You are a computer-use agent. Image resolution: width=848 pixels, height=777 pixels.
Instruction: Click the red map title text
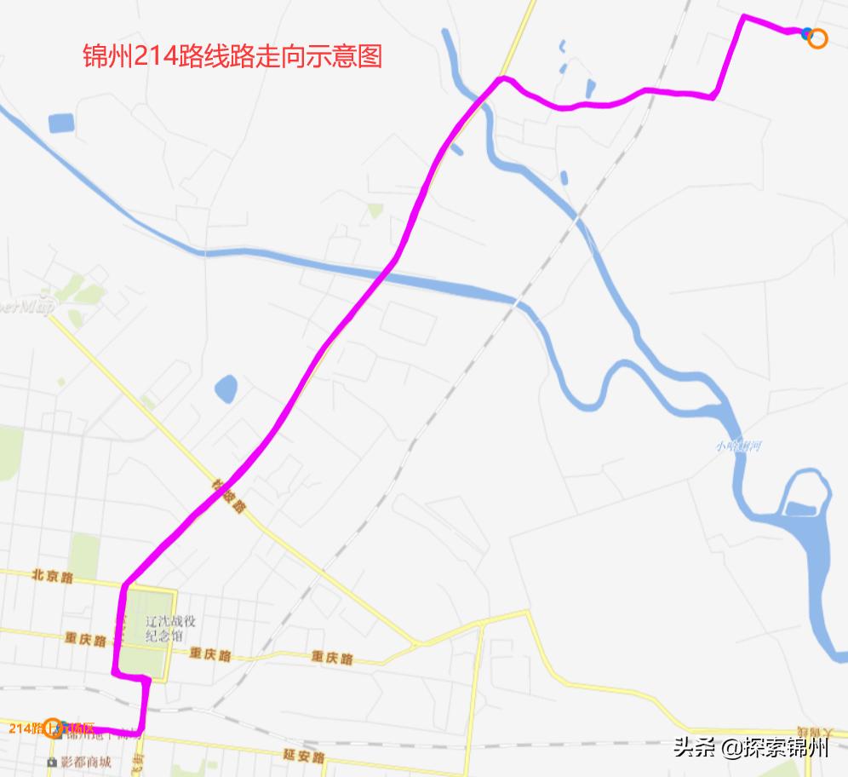pyautogui.click(x=232, y=57)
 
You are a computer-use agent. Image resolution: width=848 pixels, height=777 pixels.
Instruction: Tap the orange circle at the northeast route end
pyautogui.click(x=817, y=37)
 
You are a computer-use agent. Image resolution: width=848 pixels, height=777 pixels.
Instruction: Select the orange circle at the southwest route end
pyautogui.click(x=53, y=728)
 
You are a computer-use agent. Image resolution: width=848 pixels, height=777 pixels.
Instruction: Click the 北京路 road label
pyautogui.click(x=52, y=577)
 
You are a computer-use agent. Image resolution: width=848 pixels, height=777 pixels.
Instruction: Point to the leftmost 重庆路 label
pyautogui.click(x=84, y=638)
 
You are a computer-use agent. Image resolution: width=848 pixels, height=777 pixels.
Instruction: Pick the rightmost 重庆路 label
pyautogui.click(x=331, y=658)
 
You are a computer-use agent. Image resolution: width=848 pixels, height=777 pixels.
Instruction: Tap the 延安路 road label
pyautogui.click(x=304, y=756)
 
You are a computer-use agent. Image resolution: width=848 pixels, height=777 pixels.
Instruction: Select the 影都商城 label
pyautogui.click(x=85, y=762)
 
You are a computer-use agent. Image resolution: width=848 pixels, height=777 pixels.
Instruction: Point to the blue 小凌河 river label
pyautogui.click(x=737, y=446)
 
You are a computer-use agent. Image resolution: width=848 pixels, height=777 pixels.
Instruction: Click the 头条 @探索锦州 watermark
pyautogui.click(x=750, y=747)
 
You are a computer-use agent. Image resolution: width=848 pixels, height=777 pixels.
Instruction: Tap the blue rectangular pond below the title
pyautogui.click(x=61, y=124)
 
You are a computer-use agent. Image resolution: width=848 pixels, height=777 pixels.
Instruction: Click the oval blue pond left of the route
pyautogui.click(x=226, y=389)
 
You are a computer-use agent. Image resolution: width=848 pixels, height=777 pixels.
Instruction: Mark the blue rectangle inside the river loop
pyautogui.click(x=799, y=509)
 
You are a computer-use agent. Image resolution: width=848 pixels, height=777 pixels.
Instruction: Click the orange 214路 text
pyautogui.click(x=26, y=728)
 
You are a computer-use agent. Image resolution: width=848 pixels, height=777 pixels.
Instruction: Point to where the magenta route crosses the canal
pyautogui.click(x=387, y=271)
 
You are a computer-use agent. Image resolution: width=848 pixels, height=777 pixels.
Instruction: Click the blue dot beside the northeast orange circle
pyautogui.click(x=806, y=33)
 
